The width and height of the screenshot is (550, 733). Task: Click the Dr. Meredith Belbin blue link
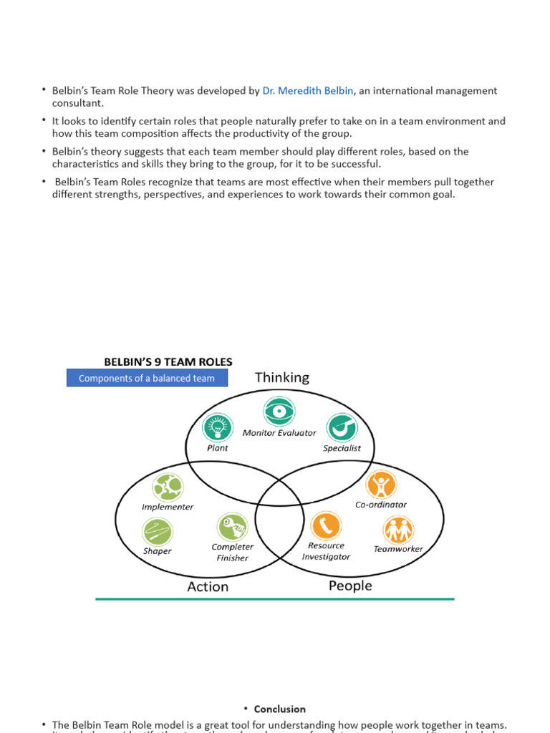click(x=308, y=91)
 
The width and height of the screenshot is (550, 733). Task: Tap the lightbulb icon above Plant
click(x=216, y=427)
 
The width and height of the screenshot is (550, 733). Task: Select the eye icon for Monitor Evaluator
click(x=279, y=411)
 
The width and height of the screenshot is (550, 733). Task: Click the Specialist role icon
click(x=342, y=428)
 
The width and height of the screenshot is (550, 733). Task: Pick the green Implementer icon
click(x=168, y=487)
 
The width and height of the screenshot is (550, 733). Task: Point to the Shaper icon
click(x=158, y=532)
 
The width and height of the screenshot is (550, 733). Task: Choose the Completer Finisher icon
click(x=232, y=528)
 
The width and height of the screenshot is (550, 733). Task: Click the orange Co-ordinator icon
click(x=381, y=485)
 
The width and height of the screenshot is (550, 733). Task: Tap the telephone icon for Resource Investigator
click(x=326, y=525)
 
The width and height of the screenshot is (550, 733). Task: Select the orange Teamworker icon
click(x=398, y=530)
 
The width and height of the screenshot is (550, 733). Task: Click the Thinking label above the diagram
click(x=282, y=377)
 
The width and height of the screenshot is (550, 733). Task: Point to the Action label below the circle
click(x=208, y=586)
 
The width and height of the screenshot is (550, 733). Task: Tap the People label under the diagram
click(x=350, y=586)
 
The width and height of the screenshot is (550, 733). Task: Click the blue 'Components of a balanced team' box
click(x=147, y=378)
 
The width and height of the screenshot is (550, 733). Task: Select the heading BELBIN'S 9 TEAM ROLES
click(x=168, y=362)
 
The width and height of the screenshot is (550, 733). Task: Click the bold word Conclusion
click(x=279, y=709)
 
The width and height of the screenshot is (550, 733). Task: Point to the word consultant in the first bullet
click(x=77, y=103)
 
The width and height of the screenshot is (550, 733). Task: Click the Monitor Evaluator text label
click(x=279, y=433)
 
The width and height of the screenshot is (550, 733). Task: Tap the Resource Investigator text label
click(x=326, y=551)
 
